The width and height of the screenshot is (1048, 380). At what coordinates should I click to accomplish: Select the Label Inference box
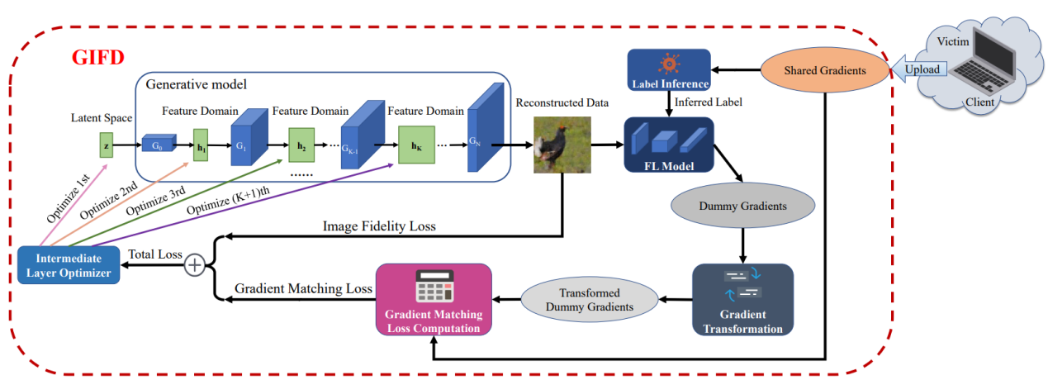669,70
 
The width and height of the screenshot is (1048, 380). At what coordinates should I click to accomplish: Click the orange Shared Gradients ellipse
824,70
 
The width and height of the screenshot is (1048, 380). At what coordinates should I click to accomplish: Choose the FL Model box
669,145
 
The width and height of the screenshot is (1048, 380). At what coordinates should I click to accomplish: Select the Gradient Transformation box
742,299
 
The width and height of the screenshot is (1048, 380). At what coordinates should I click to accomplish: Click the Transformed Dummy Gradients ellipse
589,299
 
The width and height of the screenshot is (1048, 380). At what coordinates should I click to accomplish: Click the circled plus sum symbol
196,265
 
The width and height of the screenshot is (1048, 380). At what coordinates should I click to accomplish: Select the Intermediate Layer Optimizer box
69,265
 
